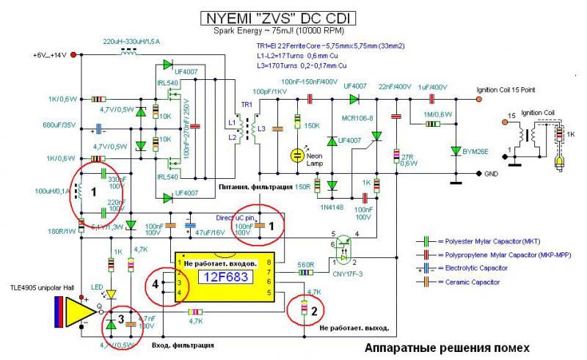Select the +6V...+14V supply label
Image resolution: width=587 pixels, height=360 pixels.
(50, 56)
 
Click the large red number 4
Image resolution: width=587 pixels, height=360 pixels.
(156, 282)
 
